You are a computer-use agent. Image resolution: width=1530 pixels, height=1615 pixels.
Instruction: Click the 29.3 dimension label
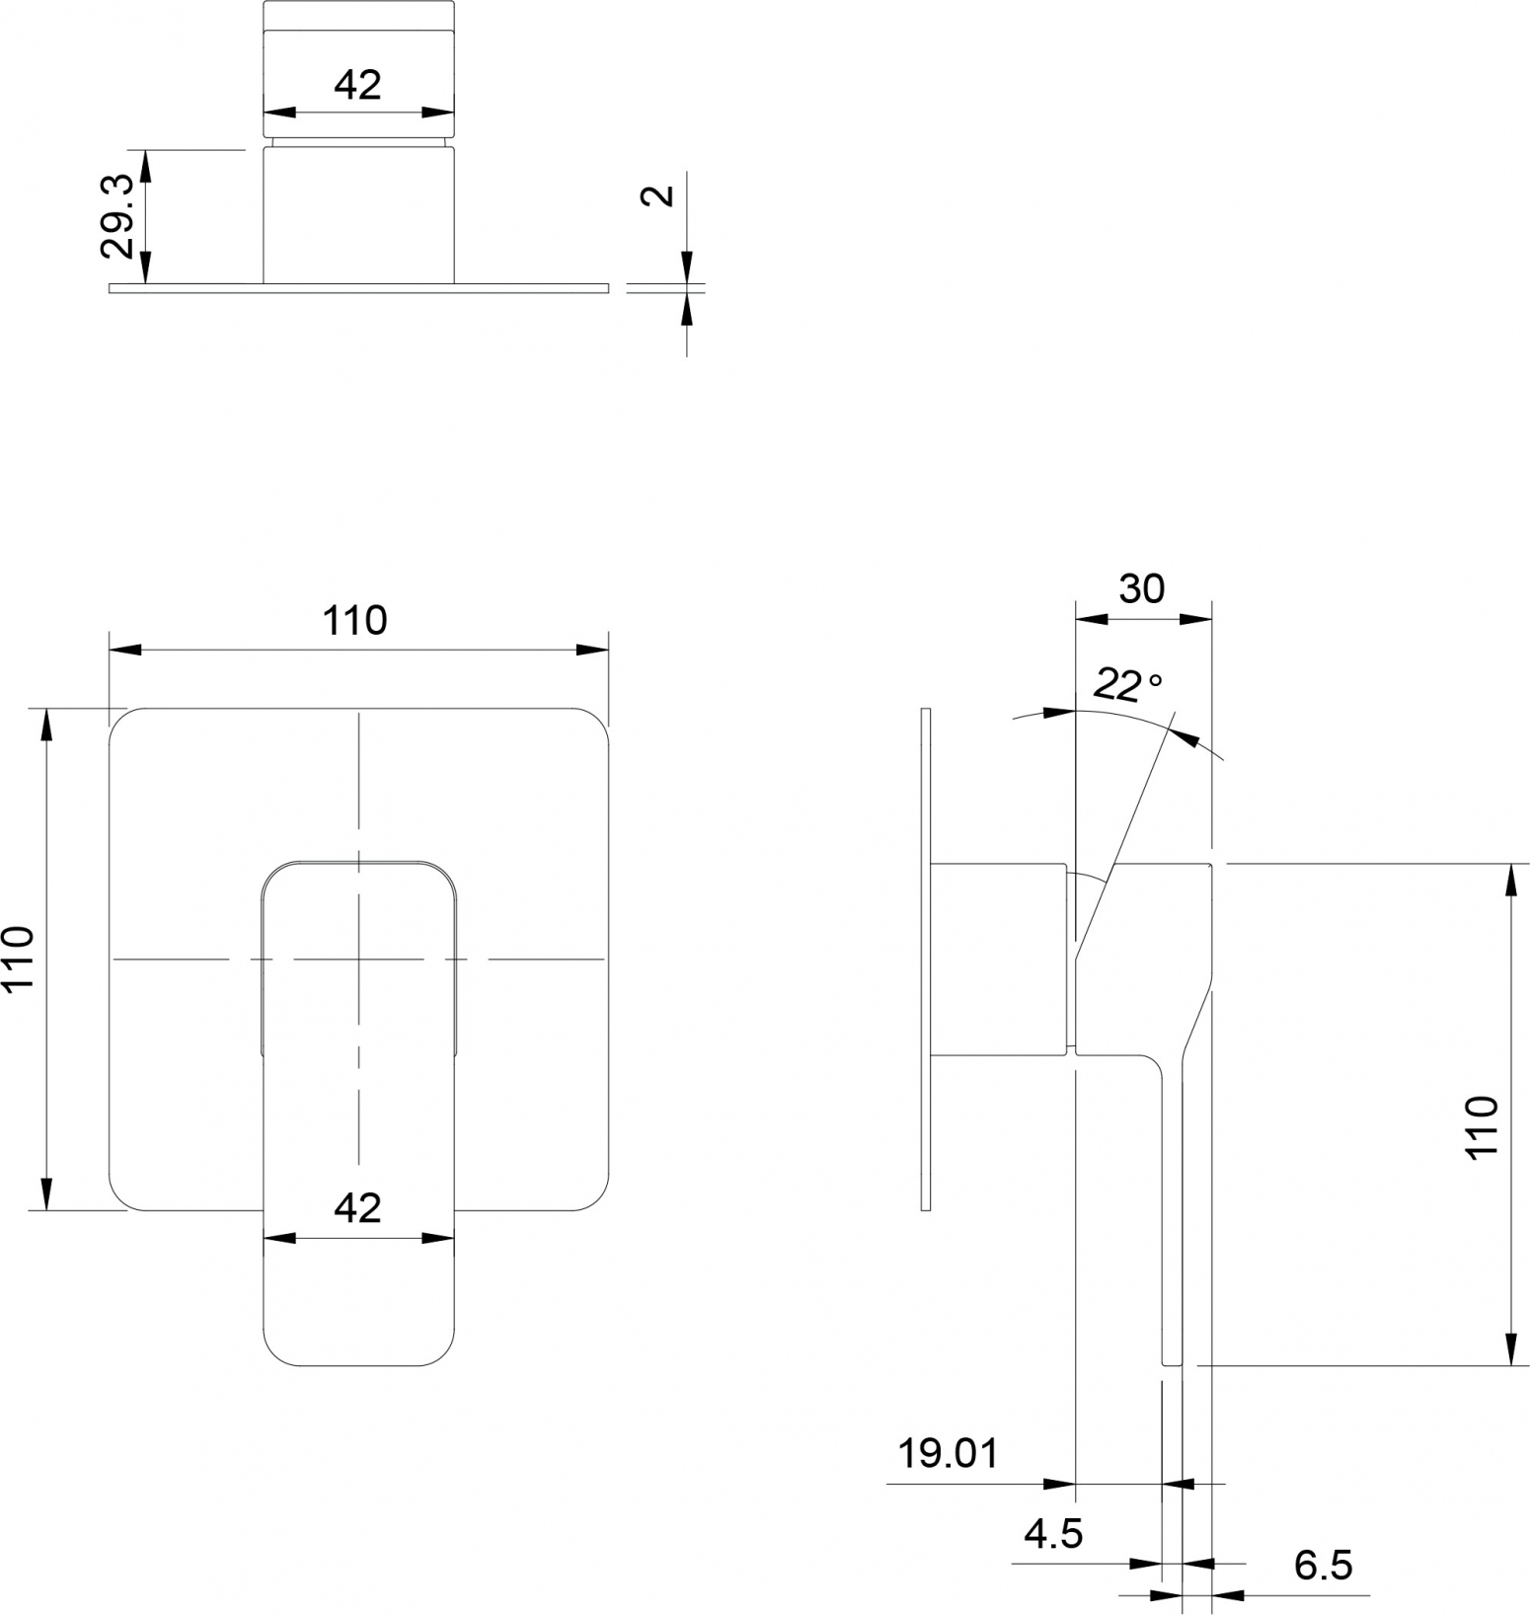pos(118,216)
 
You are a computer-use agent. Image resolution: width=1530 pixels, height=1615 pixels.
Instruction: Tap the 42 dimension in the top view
pos(357,85)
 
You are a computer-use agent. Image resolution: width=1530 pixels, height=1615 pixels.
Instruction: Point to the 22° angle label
pos(1128,683)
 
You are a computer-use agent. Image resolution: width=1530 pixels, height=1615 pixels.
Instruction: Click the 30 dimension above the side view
pos(1142,588)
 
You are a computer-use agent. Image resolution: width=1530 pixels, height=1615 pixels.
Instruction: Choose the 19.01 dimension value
pos(948,1453)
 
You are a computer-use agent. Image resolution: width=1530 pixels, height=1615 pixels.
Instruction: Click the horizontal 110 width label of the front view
pos(355,620)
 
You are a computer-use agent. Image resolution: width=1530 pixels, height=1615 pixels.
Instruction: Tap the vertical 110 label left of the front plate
pos(20,958)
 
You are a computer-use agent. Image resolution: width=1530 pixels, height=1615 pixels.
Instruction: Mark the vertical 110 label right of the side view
pos(1483,1126)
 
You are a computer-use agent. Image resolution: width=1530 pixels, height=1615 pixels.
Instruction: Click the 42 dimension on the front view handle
pos(357,1207)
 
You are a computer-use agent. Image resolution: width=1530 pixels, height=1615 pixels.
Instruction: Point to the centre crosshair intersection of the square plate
pos(358,959)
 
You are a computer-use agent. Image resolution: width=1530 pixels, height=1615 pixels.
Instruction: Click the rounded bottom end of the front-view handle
pos(358,1364)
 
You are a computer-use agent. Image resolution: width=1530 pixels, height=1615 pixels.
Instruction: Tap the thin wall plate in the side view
pos(925,959)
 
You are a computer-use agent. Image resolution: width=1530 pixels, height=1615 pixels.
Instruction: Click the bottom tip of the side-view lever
pos(1173,1365)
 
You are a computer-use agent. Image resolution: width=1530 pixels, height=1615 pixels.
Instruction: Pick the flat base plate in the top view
pos(358,288)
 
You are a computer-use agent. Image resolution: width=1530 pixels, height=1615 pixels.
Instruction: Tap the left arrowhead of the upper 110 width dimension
pos(124,650)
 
